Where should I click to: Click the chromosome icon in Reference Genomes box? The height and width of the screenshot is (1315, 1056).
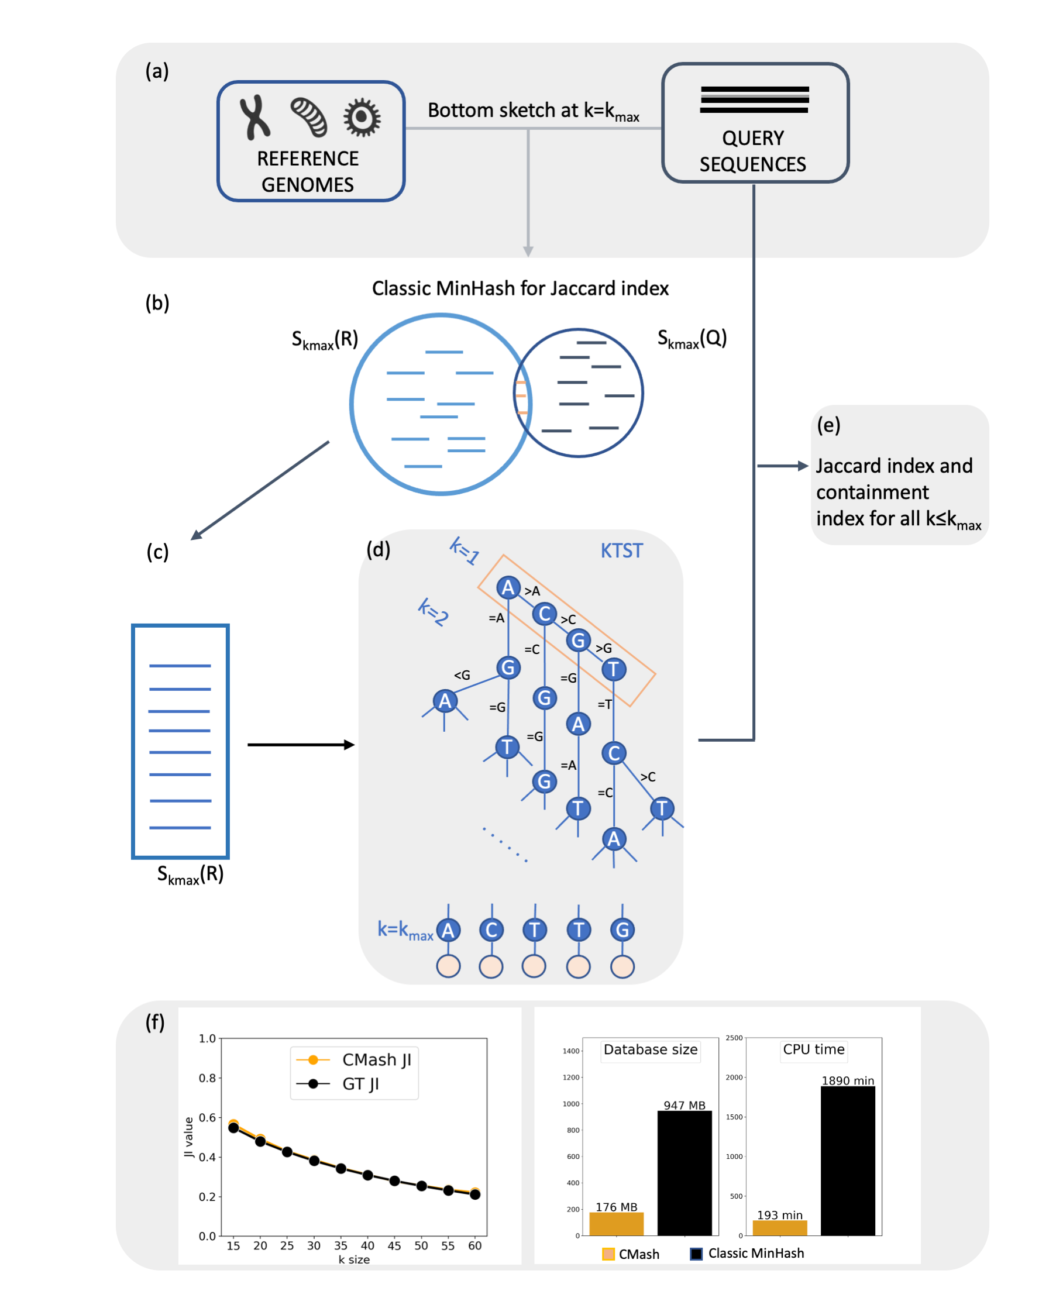tap(254, 117)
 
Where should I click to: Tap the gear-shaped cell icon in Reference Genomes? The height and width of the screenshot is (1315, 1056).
tap(362, 117)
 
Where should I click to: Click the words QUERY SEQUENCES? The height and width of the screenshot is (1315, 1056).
tap(754, 152)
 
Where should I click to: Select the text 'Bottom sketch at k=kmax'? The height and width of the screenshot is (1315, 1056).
tap(532, 111)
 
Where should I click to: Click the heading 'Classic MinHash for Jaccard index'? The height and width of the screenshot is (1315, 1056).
tap(520, 288)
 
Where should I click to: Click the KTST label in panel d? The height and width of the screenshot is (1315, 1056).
tap(622, 551)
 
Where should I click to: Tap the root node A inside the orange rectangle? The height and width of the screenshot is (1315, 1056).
tap(508, 588)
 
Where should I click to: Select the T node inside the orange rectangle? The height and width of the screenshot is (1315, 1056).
tap(614, 670)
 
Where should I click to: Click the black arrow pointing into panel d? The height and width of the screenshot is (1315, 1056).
tap(300, 745)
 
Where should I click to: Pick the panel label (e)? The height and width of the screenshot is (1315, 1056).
tap(828, 425)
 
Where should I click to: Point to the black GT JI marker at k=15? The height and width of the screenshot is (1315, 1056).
tap(233, 1128)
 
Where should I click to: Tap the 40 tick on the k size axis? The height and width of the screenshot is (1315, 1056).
tap(367, 1246)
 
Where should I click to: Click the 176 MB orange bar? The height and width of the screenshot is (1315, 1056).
tap(616, 1224)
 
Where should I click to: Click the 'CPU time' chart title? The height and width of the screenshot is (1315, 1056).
tap(814, 1049)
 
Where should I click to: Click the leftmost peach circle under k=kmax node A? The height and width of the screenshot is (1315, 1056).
tap(448, 966)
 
